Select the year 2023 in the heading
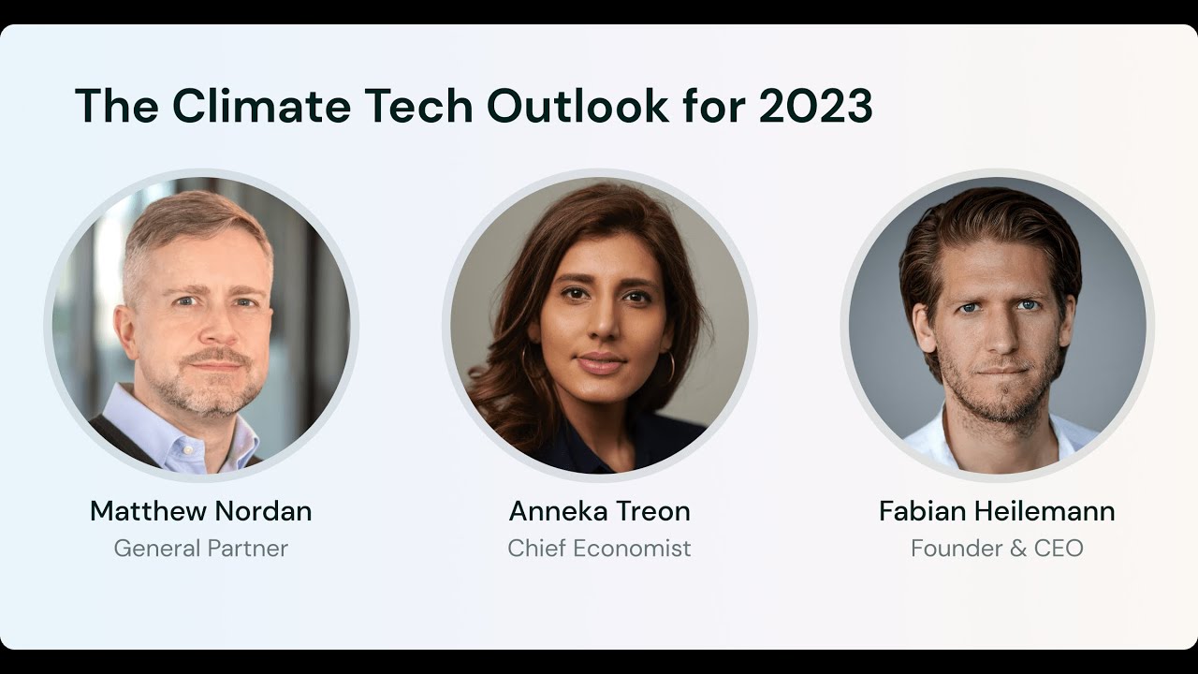815,106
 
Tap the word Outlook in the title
578,106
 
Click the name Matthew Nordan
201,511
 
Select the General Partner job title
201,548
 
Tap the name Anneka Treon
600,511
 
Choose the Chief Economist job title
600,548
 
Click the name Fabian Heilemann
997,511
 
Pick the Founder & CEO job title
997,548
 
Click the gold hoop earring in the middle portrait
668,369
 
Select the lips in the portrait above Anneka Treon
600,363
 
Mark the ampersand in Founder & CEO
1017,548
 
